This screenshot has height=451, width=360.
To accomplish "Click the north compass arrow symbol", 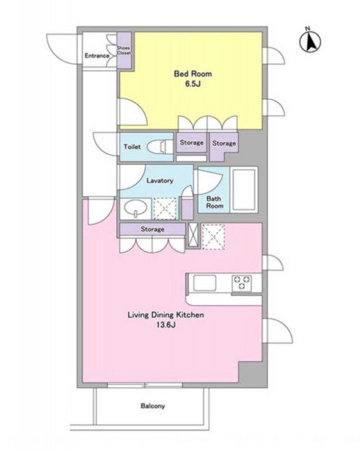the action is tap(310, 42).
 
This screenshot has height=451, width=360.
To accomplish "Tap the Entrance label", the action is tap(97, 56).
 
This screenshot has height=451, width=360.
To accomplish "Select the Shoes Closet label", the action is tap(124, 50).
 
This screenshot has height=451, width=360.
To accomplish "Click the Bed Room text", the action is tap(193, 74).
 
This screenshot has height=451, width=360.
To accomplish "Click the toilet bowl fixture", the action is tap(158, 147).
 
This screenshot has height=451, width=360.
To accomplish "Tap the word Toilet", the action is tap(132, 147).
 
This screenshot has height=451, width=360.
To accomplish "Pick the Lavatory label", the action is tap(160, 180).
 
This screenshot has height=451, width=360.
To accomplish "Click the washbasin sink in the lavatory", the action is tap(136, 209).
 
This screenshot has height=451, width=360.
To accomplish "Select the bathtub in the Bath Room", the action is tap(244, 189).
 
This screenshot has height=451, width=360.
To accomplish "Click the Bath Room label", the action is tap(215, 202).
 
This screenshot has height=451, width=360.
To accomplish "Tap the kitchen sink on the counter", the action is tap(205, 283).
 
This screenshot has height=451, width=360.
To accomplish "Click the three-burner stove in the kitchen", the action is tap(242, 283).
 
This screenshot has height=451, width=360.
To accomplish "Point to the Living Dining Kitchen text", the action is tap(166, 315).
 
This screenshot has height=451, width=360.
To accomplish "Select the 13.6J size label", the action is tap(166, 325).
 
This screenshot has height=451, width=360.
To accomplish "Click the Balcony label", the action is tap(153, 406).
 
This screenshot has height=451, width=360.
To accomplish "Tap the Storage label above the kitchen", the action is tap(153, 229).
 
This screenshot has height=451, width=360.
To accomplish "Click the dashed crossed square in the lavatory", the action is tap(165, 209).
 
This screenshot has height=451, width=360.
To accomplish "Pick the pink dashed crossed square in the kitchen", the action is tap(214, 237).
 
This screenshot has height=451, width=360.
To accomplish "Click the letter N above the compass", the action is tap(308, 28).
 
